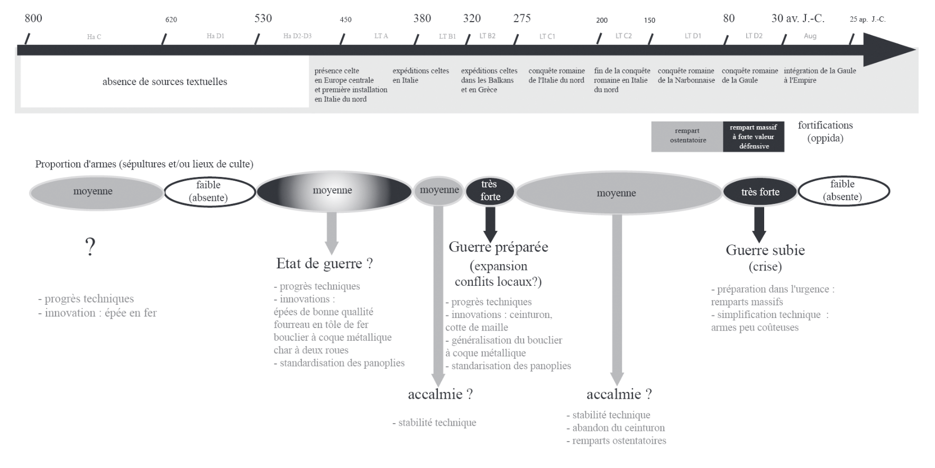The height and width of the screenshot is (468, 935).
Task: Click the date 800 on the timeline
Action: coord(33,18)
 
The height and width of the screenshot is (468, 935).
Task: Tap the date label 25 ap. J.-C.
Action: coord(867,20)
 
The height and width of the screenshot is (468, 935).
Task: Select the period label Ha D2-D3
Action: coord(297,36)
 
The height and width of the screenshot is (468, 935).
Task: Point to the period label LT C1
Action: coord(547,36)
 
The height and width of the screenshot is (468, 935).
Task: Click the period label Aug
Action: coord(810,36)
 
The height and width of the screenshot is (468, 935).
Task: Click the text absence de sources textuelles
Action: coord(164,82)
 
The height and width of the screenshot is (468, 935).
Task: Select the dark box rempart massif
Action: coord(753,137)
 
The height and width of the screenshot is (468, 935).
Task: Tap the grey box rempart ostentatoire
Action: coord(687,136)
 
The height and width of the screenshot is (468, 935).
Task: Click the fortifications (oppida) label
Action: coord(825,132)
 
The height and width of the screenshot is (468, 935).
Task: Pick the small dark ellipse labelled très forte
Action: coord(490,191)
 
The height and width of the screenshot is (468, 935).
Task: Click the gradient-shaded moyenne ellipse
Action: coord(333,191)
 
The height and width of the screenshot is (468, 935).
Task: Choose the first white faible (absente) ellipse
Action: coord(209,191)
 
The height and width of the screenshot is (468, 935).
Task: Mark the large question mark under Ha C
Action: coord(90,247)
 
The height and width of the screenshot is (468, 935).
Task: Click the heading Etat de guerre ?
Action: coord(324,264)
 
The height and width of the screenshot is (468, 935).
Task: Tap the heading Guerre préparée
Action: coord(498,247)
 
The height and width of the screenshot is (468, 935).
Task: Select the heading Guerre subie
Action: coord(765,250)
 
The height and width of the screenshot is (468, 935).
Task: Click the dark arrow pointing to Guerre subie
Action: coord(759,224)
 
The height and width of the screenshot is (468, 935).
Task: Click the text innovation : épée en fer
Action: coord(100,313)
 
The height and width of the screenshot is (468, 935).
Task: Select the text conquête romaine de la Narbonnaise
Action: coord(686,76)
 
